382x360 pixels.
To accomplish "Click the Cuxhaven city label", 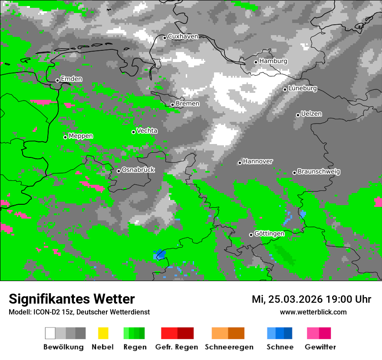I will click(183, 36).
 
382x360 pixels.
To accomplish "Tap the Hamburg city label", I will click(273, 61).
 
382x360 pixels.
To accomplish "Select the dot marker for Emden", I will click(57, 80).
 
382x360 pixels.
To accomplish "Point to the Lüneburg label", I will click(303, 88).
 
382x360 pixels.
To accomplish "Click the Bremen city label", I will click(188, 104).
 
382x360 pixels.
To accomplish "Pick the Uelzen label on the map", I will click(311, 114).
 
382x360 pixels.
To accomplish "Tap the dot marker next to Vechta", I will click(134, 132).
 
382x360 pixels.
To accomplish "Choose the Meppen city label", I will click(81, 136).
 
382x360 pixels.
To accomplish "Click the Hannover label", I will click(258, 161).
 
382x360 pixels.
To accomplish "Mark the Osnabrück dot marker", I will click(119, 171).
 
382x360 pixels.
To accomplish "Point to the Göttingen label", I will click(269, 234).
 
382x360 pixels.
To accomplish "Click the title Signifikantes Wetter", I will click(72, 299).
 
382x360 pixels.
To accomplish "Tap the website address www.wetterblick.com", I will click(313, 312).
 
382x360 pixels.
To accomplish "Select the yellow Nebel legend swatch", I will click(103, 333).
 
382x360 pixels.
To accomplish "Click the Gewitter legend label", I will click(320, 347).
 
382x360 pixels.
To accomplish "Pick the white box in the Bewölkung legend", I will click(50, 333).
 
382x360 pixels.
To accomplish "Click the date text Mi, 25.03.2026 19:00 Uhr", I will click(311, 299).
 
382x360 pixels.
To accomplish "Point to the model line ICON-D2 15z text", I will click(79, 312).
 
